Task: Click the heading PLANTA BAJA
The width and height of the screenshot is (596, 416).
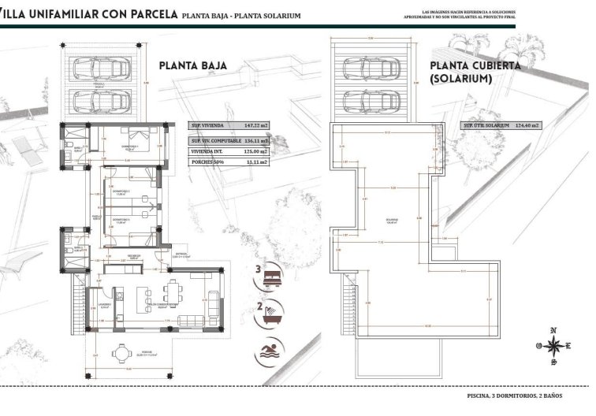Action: [193, 66]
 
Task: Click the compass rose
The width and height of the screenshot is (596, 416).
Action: [553, 345]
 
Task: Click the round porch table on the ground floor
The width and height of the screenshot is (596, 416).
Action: [121, 354]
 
